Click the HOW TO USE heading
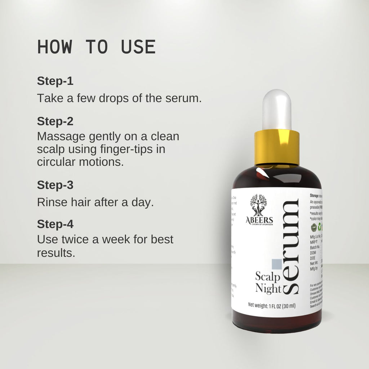click(96, 47)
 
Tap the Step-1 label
click(55, 81)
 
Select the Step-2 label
click(55, 121)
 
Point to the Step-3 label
click(55, 185)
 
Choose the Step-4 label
click(55, 224)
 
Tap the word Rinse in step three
click(50, 202)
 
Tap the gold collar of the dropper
click(276, 147)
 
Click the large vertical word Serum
click(291, 246)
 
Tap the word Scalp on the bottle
click(268, 277)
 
